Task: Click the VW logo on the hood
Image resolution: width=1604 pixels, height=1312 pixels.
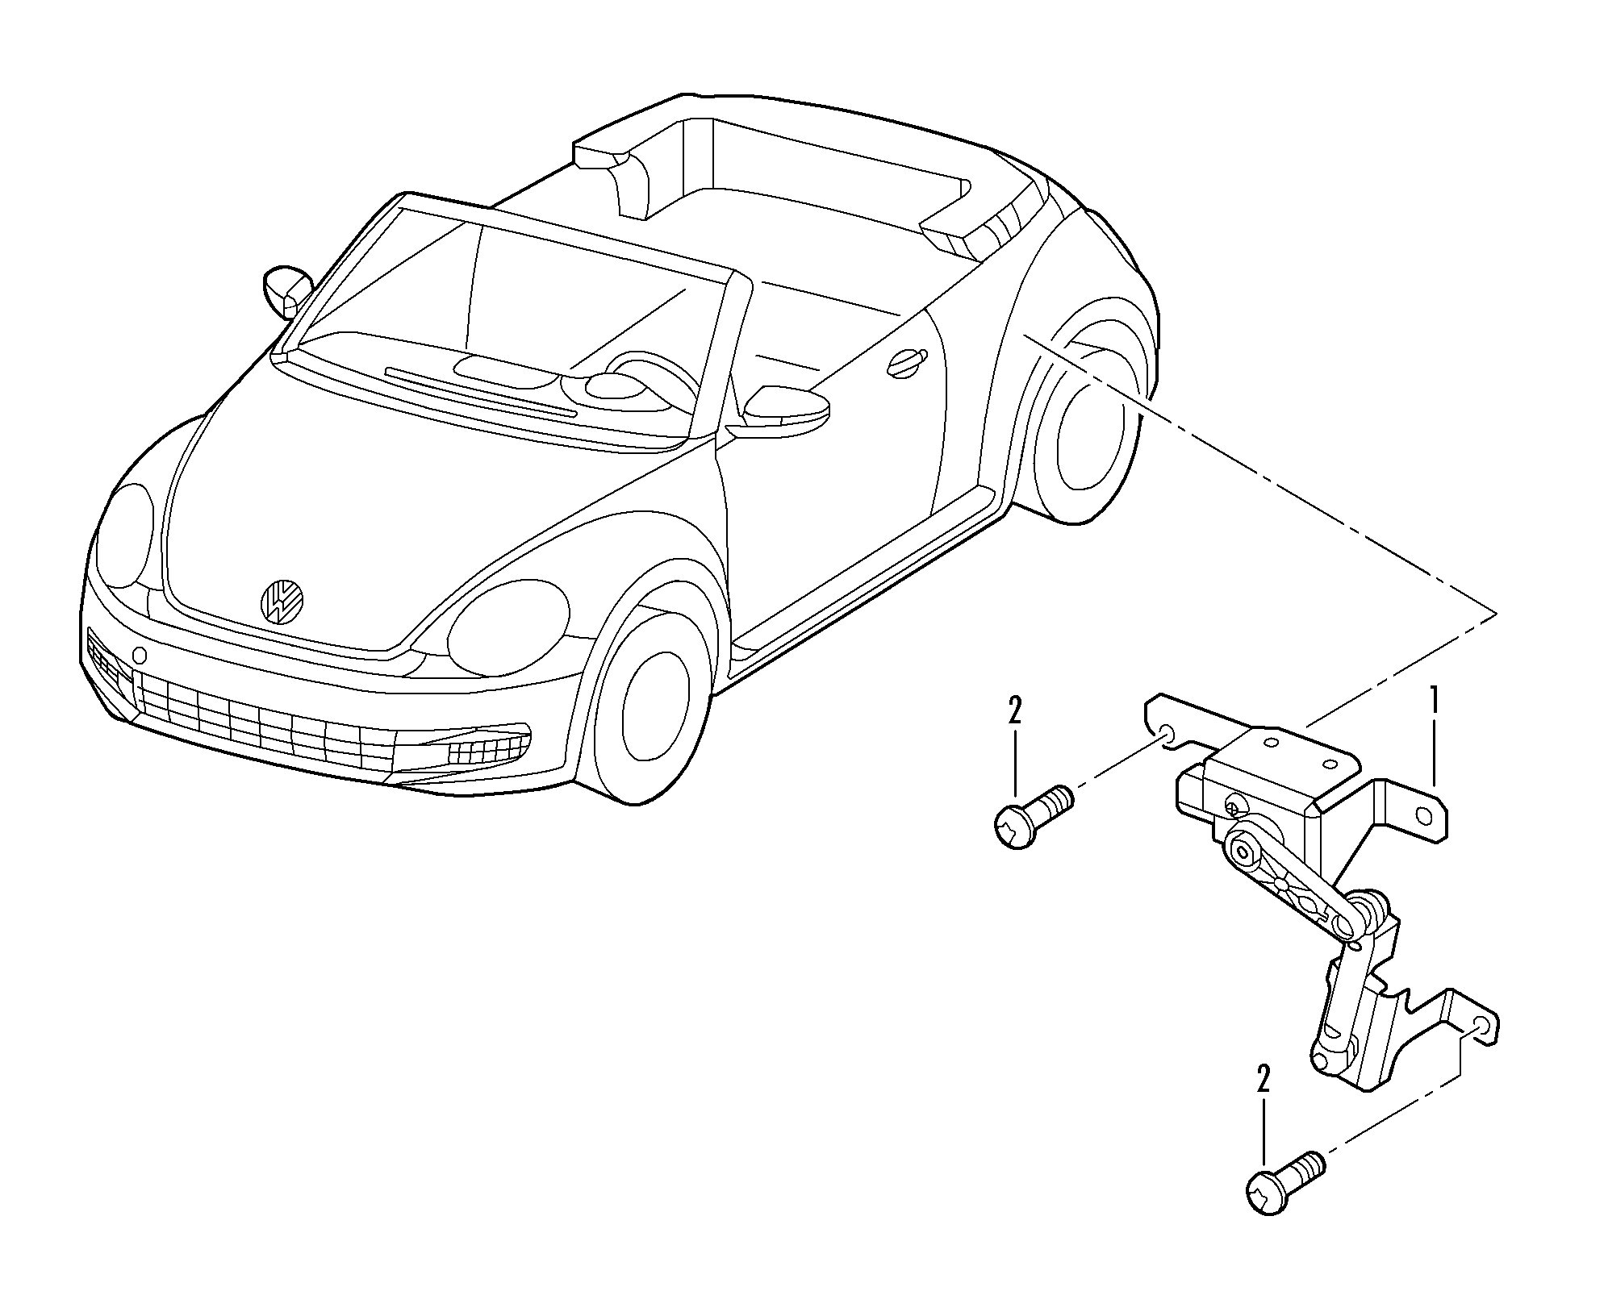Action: point(282,600)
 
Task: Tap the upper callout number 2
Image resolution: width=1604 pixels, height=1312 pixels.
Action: point(1014,711)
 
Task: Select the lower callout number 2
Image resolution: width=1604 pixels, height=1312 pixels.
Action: point(1263,1078)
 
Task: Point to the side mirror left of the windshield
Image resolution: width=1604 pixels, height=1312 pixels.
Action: point(287,289)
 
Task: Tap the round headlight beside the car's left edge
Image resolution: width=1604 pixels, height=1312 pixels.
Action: point(122,533)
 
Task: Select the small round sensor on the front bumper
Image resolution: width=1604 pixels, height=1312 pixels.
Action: point(140,654)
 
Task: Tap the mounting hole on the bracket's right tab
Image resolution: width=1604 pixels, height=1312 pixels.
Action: point(1426,817)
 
